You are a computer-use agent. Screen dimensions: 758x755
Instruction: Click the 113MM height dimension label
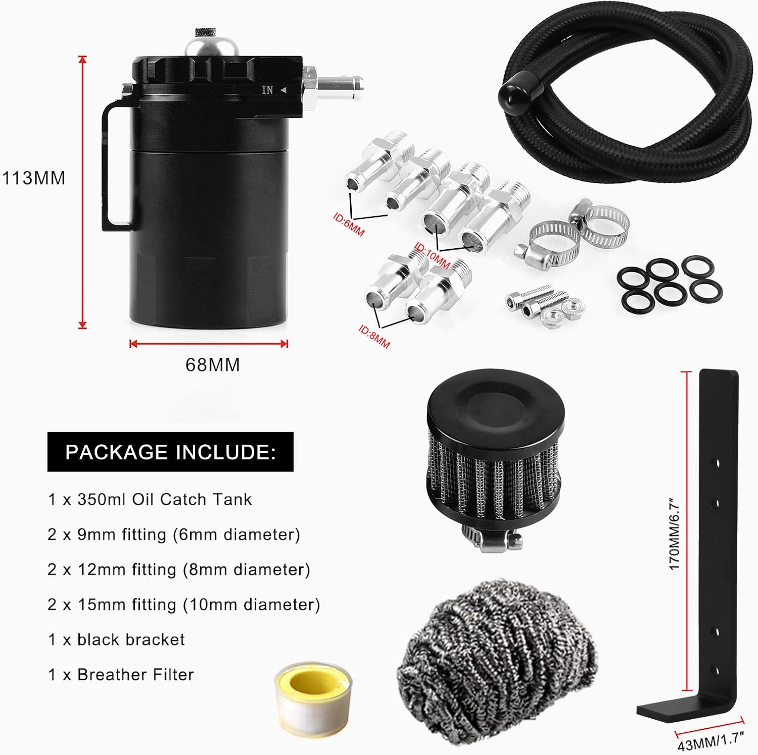coord(34,178)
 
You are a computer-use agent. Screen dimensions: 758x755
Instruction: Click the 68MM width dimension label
coord(213,364)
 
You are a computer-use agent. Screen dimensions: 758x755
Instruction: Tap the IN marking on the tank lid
coord(267,90)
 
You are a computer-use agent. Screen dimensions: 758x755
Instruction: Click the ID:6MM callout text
coord(349,224)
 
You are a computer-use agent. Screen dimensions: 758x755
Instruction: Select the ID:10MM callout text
coord(432,256)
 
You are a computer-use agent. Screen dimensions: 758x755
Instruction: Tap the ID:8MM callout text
coord(374,337)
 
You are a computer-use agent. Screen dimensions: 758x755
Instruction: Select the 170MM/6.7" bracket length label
coord(675,533)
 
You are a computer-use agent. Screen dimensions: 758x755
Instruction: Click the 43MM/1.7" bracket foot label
coord(712,741)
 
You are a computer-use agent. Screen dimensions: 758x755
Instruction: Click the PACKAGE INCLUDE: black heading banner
coord(170,452)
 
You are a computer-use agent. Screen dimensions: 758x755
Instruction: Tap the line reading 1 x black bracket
coord(116,639)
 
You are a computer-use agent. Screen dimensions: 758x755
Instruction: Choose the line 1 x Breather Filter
coord(121,674)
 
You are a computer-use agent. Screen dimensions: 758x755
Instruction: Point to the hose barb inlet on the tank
coord(339,82)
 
